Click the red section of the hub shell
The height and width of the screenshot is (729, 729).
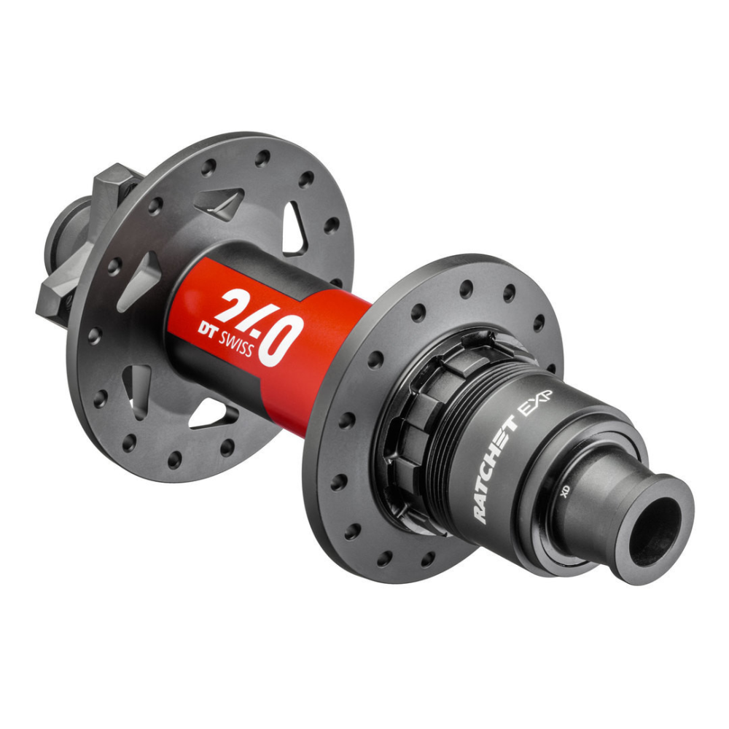(x=321, y=364)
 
